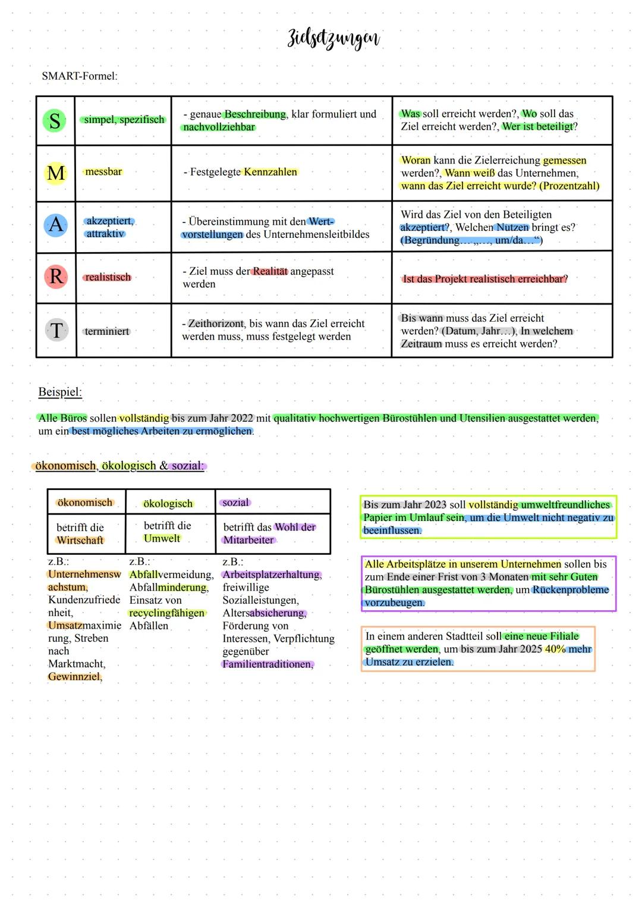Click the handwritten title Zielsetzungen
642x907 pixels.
333,38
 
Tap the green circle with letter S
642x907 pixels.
55,120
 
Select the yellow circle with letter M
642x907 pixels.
55,173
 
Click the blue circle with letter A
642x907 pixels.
55,225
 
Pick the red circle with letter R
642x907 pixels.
56,277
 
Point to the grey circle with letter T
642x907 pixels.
56,330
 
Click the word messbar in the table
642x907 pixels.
103,172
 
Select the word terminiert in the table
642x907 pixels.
107,331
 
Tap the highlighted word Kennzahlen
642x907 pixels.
270,172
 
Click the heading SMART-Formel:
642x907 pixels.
80,76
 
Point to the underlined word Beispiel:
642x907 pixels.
60,392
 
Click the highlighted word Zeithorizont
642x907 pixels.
216,324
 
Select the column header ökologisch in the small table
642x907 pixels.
168,504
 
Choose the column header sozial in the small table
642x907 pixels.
235,503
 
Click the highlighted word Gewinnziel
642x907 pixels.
75,677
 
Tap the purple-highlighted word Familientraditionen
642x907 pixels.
267,664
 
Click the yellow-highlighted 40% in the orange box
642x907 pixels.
555,649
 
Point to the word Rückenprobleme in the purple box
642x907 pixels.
571,590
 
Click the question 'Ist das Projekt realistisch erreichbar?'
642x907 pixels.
485,279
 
